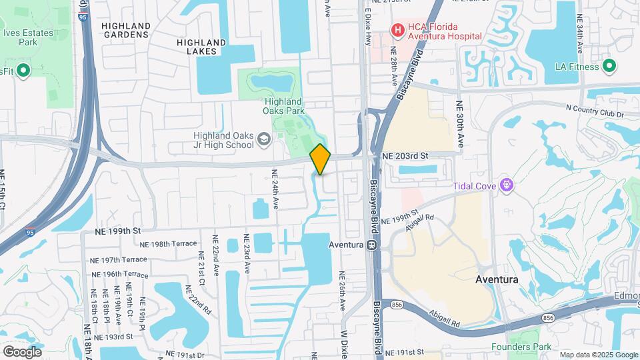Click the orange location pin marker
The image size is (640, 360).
320,159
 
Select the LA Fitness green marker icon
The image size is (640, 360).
608,66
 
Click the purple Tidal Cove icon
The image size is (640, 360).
506,185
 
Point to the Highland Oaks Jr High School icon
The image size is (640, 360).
264,139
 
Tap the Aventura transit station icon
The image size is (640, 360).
373,245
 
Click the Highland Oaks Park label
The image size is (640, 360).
289,107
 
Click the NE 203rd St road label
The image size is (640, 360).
404,155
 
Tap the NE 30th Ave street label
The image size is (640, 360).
459,124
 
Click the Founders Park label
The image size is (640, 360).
521,347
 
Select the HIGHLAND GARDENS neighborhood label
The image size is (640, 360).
126,30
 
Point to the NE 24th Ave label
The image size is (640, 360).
274,189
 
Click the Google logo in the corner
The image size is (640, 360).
22,351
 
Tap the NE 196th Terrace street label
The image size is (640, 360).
119,274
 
